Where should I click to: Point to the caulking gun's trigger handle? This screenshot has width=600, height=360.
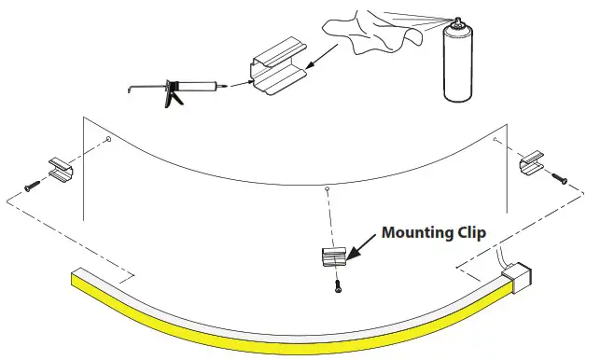pos(171,97)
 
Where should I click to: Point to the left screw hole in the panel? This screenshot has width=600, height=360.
pos(108,141)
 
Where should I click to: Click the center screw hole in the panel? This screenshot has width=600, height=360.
pos(326,189)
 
